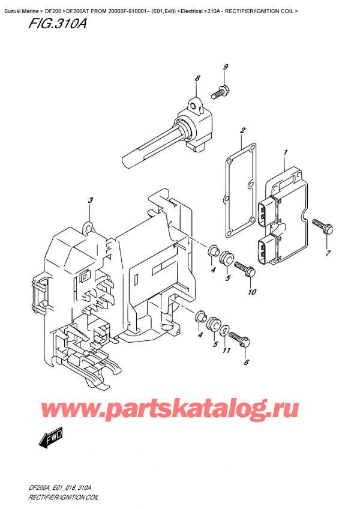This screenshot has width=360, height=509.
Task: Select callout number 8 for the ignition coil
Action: [x=196, y=79]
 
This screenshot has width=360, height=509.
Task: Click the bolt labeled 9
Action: [x=221, y=92]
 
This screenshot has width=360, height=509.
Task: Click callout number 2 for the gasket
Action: [x=242, y=130]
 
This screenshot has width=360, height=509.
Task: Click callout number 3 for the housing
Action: [x=90, y=200]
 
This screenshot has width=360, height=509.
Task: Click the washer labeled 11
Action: [x=224, y=330]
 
